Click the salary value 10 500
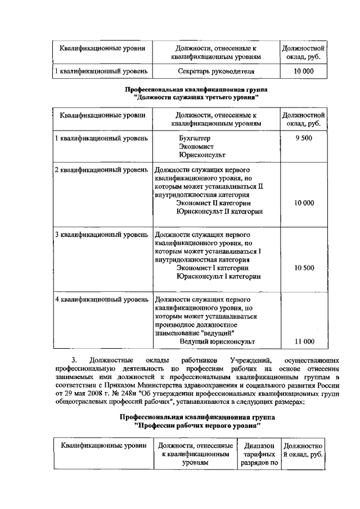tap(304, 268)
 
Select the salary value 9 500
tap(303, 138)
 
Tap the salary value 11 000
tap(304, 341)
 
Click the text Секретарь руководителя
tap(216, 72)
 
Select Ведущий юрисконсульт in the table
tap(217, 341)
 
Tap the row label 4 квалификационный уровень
tap(101, 299)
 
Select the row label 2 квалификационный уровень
tap(101, 169)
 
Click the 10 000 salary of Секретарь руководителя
tap(304, 72)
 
